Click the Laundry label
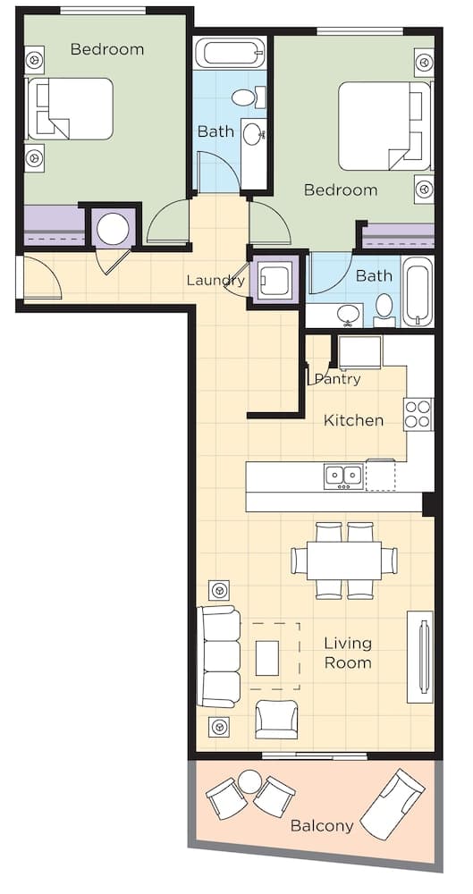coord(215,281)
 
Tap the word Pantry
coord(338,379)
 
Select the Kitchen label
coord(353,421)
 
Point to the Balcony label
coord(322,825)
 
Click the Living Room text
coord(348,654)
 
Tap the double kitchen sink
coord(343,477)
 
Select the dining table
coord(344,561)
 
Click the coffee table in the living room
coord(267,658)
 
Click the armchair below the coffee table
coord(276,720)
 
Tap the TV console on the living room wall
coord(420,657)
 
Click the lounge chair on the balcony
coord(393,804)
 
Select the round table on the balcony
coord(249,781)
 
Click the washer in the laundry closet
coord(275,280)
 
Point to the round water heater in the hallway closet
coord(113,229)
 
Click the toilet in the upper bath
coord(249,97)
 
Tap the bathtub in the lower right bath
coord(417,292)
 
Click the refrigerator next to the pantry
coord(360,352)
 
